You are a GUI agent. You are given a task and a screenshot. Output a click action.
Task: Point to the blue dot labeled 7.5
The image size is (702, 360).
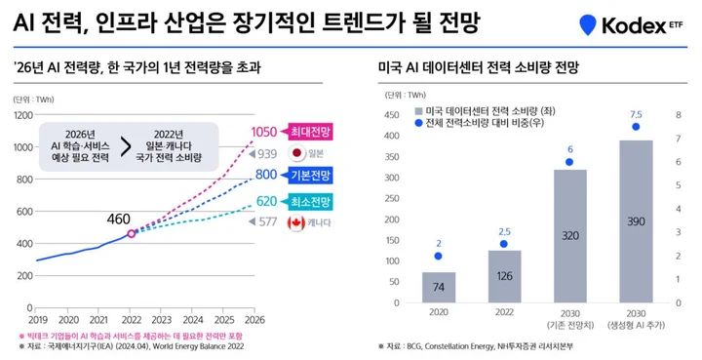pyautogui.click(x=636, y=126)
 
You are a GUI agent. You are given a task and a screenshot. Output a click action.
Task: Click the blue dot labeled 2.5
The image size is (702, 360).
pyautogui.click(x=504, y=244)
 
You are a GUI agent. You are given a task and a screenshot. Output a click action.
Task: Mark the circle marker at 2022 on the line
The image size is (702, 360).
pyautogui.click(x=132, y=233)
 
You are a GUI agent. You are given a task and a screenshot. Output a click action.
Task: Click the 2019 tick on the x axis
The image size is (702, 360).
pyautogui.click(x=37, y=319)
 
